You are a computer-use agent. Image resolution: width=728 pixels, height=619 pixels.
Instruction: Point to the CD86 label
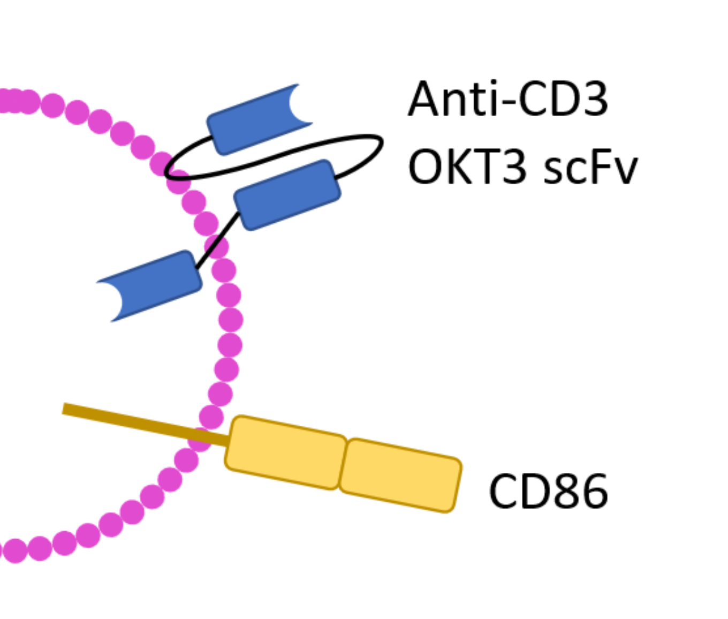click(548, 491)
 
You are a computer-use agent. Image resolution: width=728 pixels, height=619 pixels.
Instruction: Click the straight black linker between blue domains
click(217, 241)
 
